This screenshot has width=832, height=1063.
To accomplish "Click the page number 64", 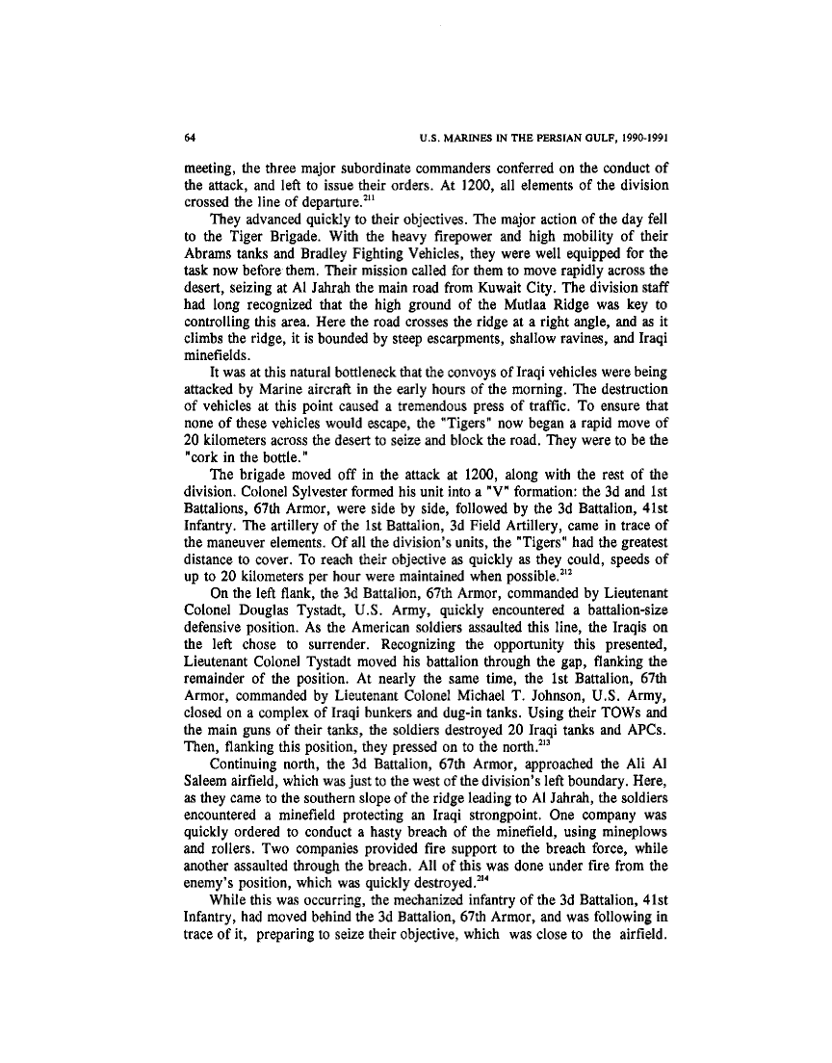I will click(x=189, y=137).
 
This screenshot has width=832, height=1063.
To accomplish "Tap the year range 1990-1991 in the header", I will click(x=637, y=137).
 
